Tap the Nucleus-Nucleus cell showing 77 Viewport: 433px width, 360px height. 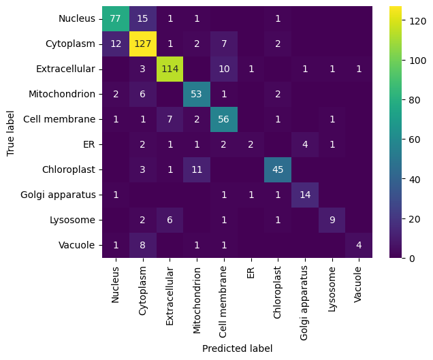pos(116,19)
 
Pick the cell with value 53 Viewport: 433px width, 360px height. pos(197,95)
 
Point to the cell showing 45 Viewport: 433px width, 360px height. pos(278,170)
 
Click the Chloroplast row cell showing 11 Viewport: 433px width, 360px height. pos(197,170)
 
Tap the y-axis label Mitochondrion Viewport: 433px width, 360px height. pos(65,95)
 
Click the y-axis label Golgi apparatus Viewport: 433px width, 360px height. pos(63,195)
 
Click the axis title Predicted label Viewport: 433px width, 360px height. pos(237,348)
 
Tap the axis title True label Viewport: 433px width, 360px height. pos(11,133)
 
